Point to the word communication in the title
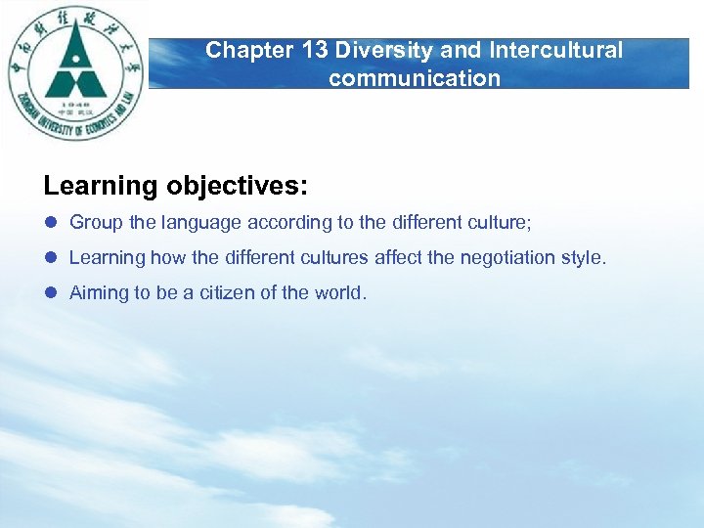[x=415, y=78]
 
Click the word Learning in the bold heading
[x=101, y=186]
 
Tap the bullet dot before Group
[x=51, y=223]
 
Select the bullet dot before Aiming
[x=51, y=293]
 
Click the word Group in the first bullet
[x=96, y=223]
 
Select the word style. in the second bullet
[x=585, y=258]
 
